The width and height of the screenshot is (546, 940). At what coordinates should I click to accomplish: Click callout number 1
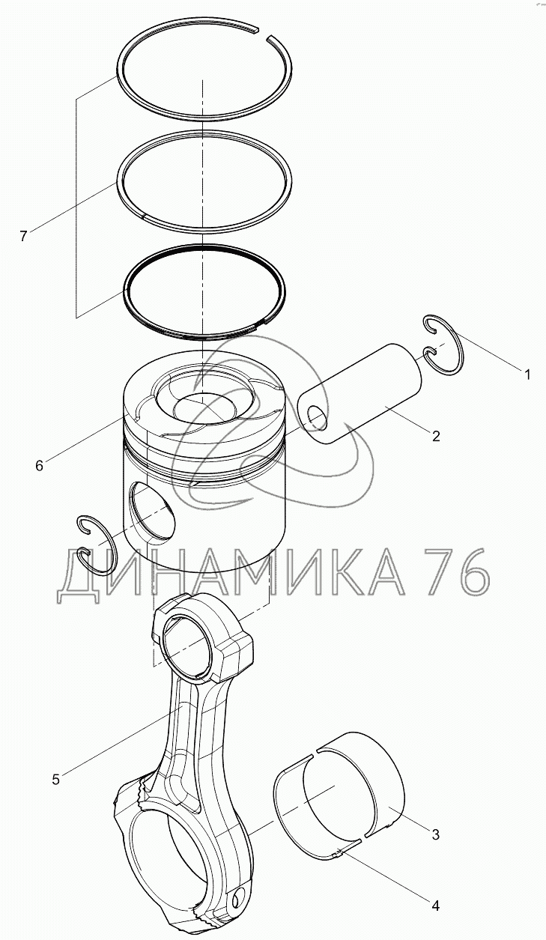point(527,374)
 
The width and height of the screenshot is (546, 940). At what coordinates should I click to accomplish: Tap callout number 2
point(436,436)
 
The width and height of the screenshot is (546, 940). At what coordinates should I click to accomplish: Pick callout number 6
point(39,465)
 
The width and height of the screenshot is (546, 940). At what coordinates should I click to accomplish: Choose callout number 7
point(23,236)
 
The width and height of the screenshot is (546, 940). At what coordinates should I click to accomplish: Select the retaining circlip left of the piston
point(97,545)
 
